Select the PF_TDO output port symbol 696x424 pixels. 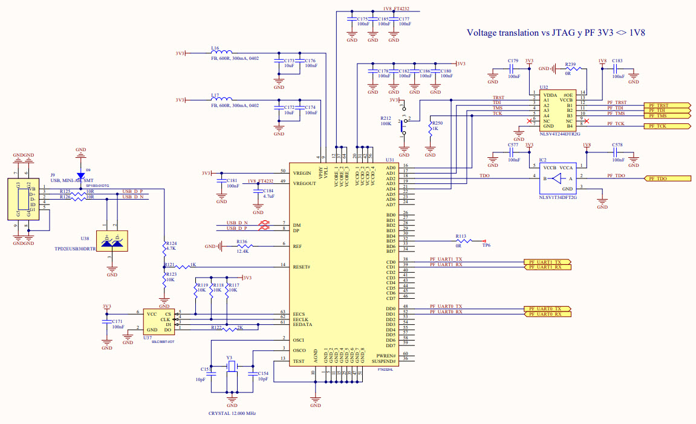pos(668,178)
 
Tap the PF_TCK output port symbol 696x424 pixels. pos(668,126)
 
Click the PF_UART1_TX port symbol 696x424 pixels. pos(546,263)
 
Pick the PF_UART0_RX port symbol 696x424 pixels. pos(546,314)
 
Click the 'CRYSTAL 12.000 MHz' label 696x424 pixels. pos(232,413)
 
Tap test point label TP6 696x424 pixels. pos(486,246)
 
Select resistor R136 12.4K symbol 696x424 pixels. pos(243,246)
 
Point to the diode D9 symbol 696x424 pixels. pos(80,175)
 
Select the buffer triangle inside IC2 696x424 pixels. pos(558,178)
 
